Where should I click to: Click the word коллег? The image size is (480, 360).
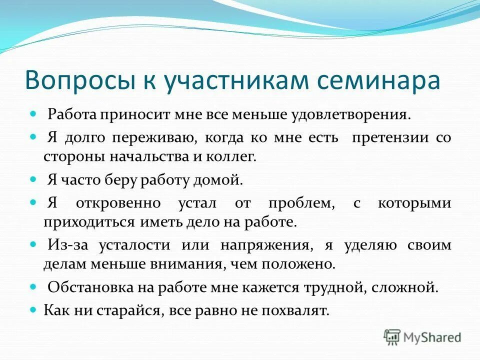[x=234, y=156]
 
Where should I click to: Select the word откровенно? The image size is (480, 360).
[x=118, y=203]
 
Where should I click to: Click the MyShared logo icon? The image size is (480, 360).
[x=392, y=336]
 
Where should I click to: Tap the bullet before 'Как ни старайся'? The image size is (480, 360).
[x=34, y=310]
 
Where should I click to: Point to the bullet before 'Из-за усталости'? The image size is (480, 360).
[x=34, y=244]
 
